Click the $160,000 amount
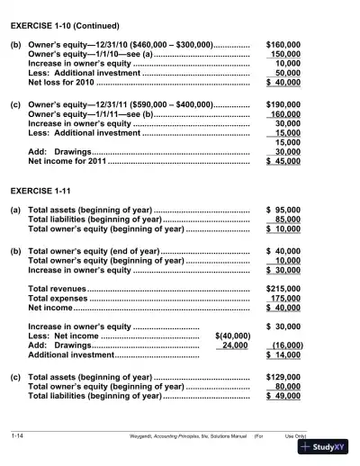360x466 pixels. pos(283,44)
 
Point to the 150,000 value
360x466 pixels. pos(286,55)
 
